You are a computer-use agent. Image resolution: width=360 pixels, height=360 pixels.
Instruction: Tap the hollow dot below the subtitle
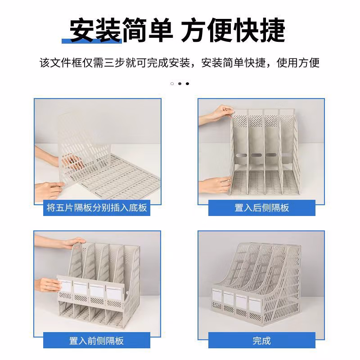tap(172, 83)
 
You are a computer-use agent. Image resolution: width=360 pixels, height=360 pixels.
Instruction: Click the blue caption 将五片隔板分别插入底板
tap(97, 208)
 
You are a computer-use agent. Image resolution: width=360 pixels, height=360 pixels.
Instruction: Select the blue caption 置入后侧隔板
tap(261, 208)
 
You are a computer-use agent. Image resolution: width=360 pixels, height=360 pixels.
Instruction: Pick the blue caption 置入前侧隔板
tap(97, 340)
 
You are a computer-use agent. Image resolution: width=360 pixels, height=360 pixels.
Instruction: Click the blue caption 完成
tap(261, 340)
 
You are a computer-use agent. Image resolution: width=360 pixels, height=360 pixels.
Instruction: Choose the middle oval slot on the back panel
tap(257, 155)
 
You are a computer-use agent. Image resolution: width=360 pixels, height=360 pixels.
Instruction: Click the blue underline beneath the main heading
tap(92, 41)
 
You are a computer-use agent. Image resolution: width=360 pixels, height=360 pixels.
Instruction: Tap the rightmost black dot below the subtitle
tap(187, 83)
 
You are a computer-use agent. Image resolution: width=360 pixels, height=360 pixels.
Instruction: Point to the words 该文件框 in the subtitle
tap(54, 63)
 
